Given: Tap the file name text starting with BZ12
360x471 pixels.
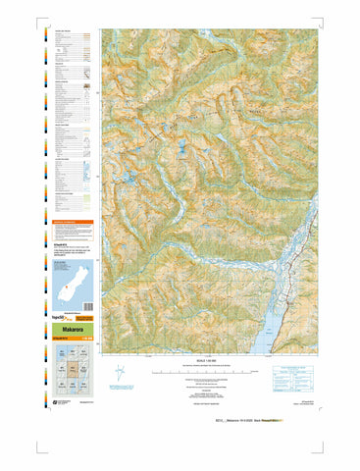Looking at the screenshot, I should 263,421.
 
